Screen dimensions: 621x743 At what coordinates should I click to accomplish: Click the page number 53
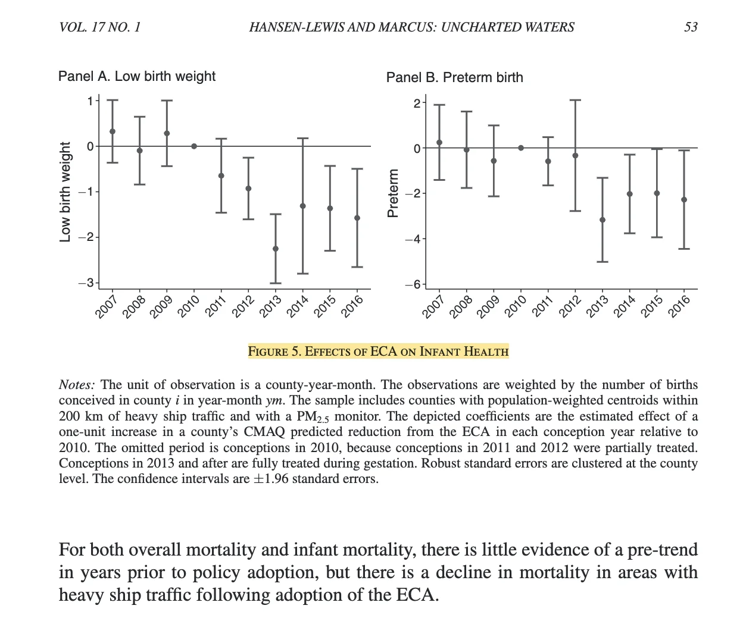[691, 27]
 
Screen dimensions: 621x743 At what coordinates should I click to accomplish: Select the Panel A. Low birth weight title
[136, 76]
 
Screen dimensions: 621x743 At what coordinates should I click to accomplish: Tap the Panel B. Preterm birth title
[454, 77]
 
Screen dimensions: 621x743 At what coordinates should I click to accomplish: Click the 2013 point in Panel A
[275, 249]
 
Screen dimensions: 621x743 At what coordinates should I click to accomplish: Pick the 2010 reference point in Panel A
[194, 146]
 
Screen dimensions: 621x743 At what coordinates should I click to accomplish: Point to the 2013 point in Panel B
[602, 220]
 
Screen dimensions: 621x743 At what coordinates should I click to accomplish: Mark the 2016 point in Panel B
[684, 200]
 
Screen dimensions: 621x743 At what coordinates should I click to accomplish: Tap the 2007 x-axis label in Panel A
[107, 306]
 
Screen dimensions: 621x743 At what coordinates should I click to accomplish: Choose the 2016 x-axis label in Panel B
[679, 306]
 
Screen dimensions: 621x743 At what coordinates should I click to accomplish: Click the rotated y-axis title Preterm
[392, 193]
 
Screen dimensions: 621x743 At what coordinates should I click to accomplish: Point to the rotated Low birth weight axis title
[65, 192]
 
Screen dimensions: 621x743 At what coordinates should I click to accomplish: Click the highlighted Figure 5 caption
[378, 351]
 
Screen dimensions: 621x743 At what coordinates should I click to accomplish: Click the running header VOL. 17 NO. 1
[100, 27]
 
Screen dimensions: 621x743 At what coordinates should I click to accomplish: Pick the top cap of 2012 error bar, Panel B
[575, 101]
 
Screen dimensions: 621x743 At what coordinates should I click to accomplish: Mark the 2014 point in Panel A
[302, 206]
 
